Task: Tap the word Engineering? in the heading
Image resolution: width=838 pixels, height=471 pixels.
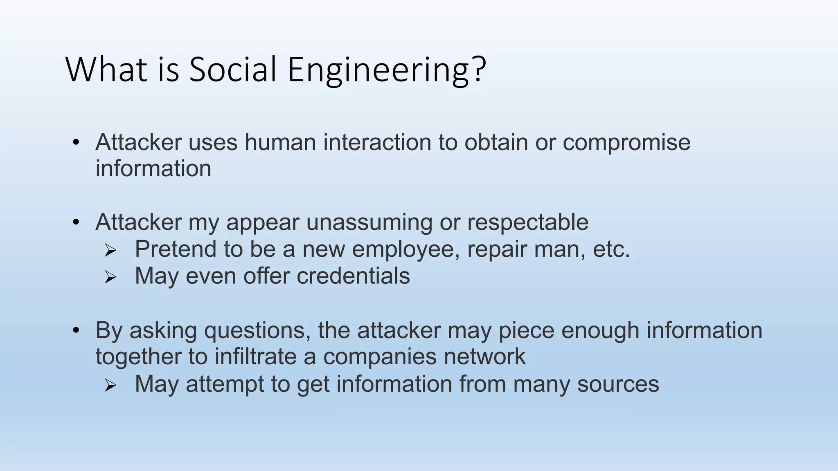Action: tap(387, 70)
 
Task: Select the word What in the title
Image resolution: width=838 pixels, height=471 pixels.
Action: tap(106, 70)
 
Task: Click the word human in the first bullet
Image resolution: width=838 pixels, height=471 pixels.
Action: tap(280, 142)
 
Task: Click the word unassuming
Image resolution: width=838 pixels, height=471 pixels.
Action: tap(369, 223)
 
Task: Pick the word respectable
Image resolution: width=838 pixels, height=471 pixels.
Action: tap(527, 223)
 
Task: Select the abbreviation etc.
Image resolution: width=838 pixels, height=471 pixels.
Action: tap(611, 249)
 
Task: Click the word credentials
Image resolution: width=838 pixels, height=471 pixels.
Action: tap(353, 276)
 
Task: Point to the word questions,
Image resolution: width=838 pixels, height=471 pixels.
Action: tap(257, 330)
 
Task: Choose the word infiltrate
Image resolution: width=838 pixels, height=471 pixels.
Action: tap(256, 357)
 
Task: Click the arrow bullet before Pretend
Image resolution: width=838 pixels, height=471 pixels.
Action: tap(110, 250)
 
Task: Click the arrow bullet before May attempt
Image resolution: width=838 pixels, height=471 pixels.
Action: tap(110, 385)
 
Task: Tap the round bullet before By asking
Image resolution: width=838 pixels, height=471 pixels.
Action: tap(76, 330)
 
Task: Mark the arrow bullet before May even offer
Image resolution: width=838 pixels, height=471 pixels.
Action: tap(110, 277)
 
